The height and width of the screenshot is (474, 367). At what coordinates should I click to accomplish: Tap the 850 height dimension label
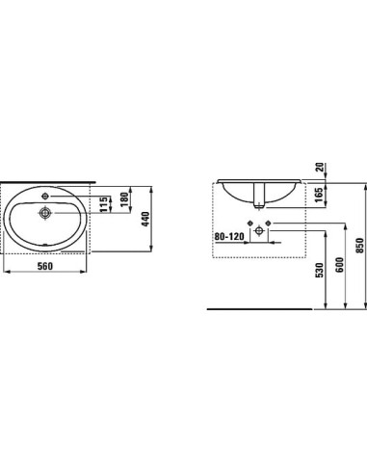coord(359,251)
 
